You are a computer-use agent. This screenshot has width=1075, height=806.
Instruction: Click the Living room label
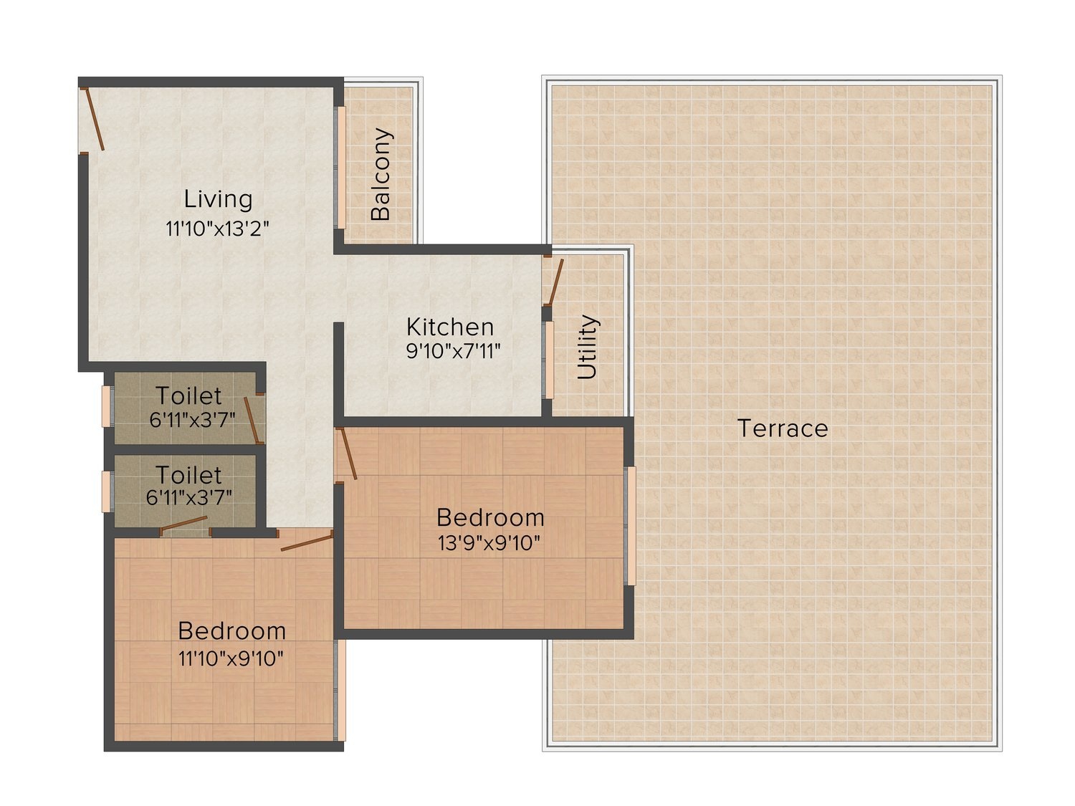click(218, 199)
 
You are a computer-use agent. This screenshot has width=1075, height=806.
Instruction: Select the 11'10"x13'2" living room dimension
click(217, 229)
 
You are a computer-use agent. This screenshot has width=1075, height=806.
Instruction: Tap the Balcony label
click(381, 174)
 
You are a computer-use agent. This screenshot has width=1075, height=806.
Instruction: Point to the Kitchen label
click(449, 327)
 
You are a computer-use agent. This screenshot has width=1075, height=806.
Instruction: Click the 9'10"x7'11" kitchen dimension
click(454, 351)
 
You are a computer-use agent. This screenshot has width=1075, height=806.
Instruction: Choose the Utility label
click(587, 347)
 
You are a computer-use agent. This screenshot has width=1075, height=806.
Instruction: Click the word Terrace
click(782, 428)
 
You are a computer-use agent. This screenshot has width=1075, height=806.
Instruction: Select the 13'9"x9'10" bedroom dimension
click(489, 543)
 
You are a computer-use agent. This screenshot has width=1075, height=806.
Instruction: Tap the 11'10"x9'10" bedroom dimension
click(231, 658)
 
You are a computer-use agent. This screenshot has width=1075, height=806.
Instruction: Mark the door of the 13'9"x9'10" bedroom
click(346, 454)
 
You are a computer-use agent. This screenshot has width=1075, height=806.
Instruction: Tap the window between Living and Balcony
click(340, 168)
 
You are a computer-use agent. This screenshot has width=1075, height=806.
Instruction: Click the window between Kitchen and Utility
click(548, 360)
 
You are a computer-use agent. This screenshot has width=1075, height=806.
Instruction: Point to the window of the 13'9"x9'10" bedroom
click(631, 526)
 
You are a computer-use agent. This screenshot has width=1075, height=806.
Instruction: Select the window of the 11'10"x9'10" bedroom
click(340, 690)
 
